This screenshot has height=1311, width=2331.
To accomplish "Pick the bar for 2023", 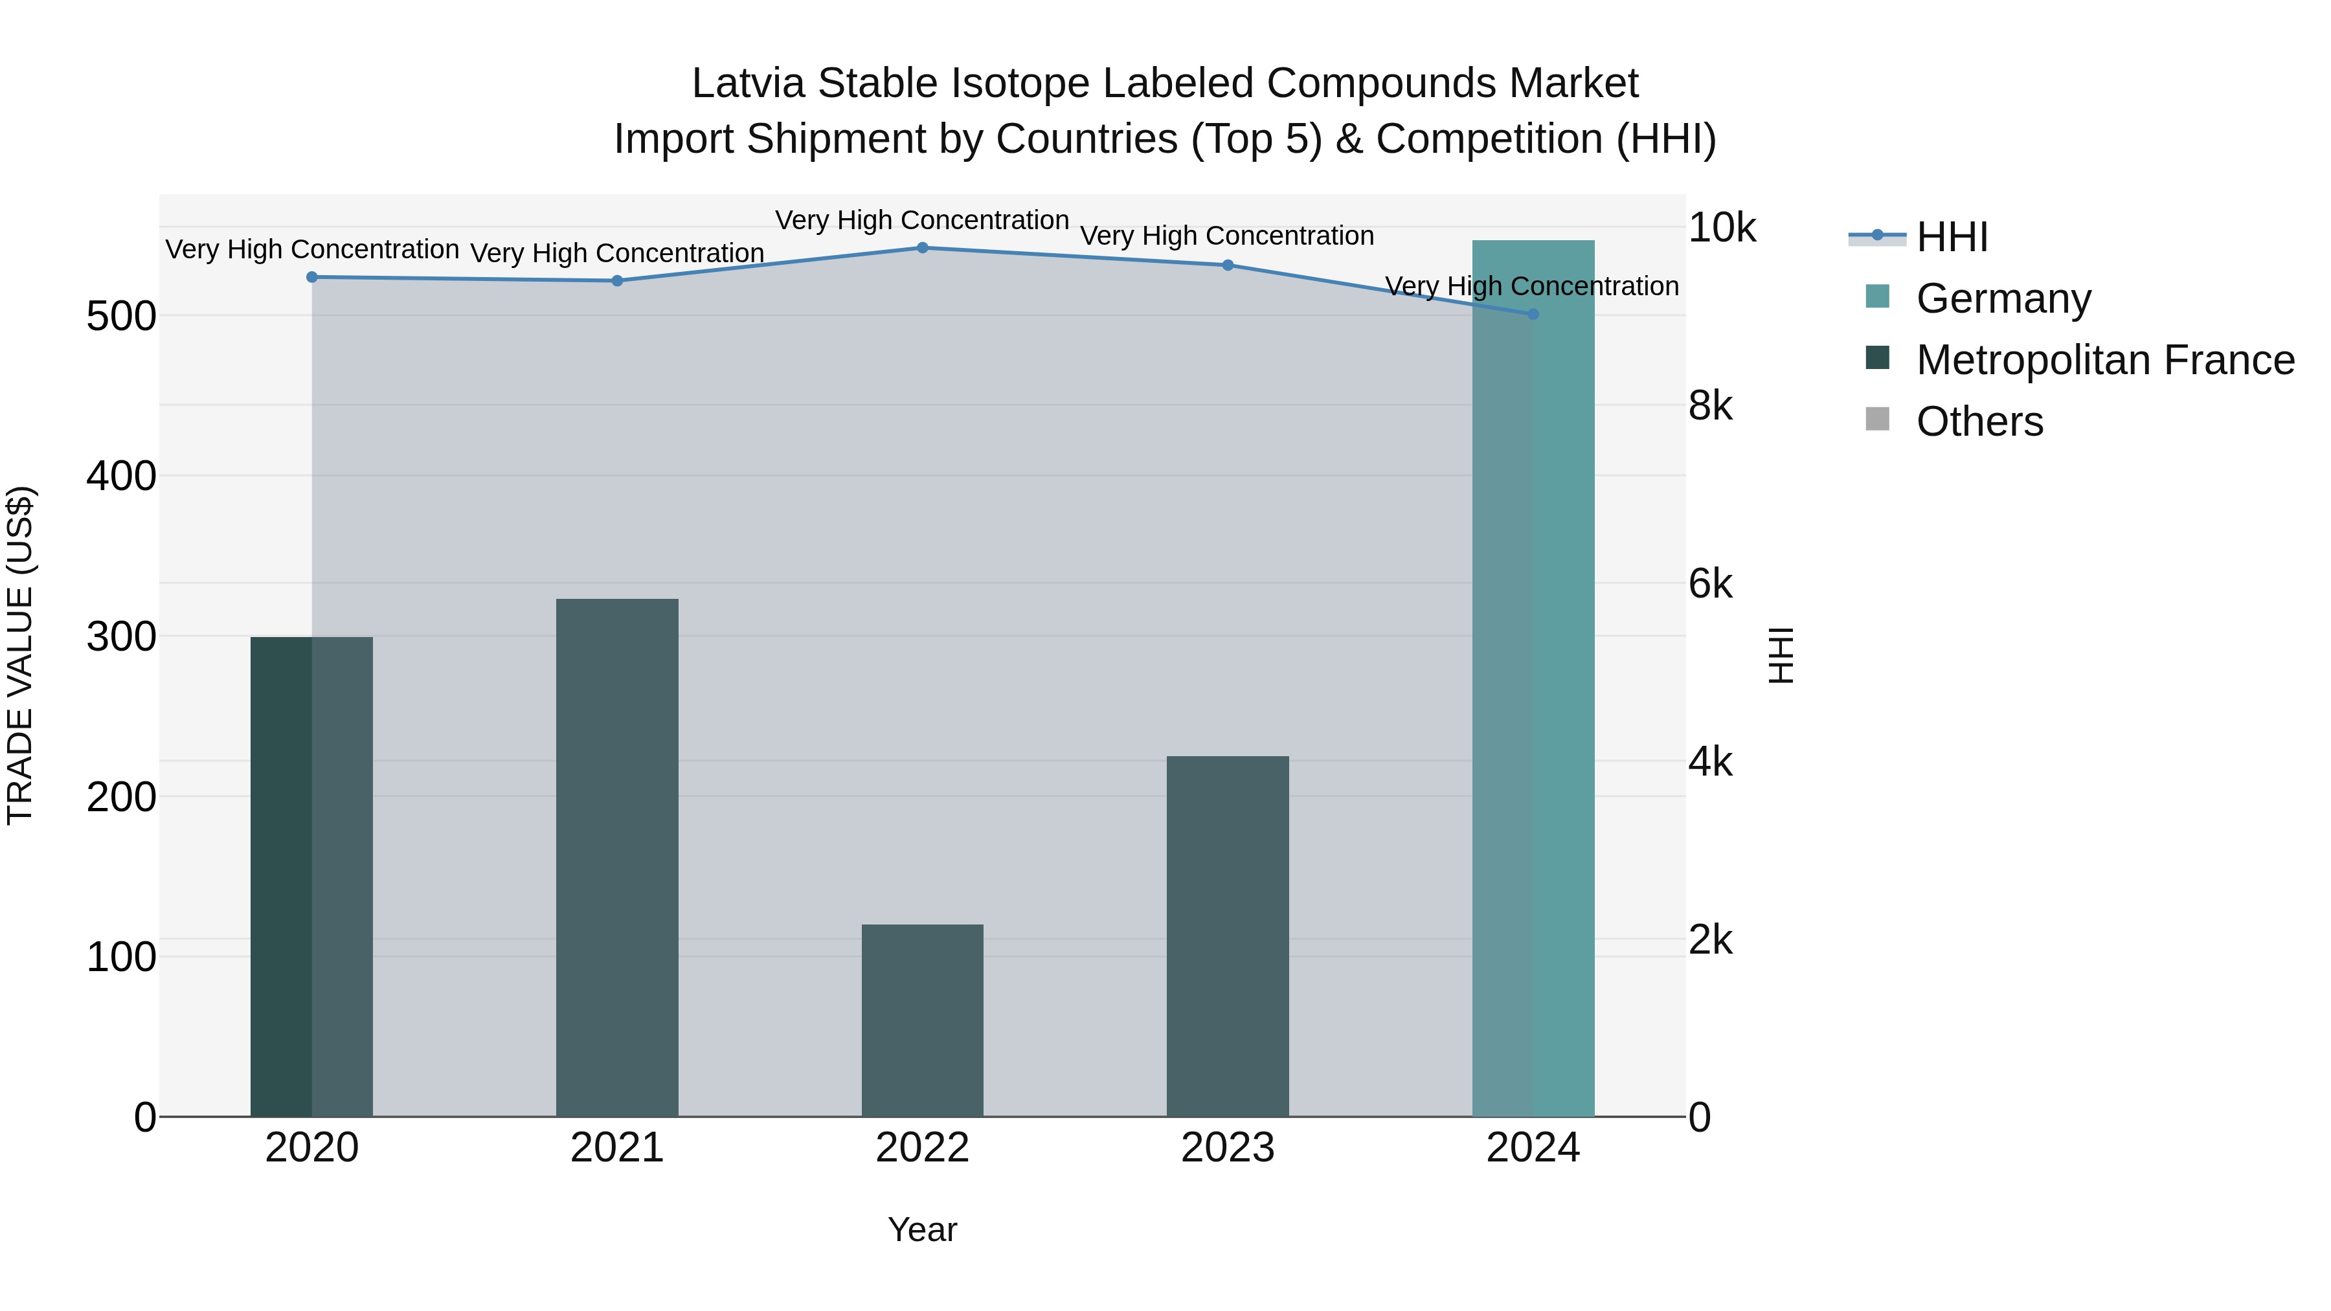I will (x=1227, y=936).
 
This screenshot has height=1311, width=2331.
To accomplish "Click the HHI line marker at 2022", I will (x=922, y=247).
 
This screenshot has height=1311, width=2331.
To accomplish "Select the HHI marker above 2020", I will (x=312, y=277).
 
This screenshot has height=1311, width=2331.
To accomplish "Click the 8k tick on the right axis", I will (x=1710, y=406).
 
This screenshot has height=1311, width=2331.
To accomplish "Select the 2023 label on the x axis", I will (x=1227, y=1148).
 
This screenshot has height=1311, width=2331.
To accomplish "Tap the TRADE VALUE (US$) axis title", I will (x=20, y=655).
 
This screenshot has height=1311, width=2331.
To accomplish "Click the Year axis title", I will (x=922, y=1229).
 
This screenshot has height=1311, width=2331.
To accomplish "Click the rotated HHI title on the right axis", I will (x=1780, y=655).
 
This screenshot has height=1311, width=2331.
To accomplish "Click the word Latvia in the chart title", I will (x=749, y=84).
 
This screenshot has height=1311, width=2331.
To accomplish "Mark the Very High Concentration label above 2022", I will (x=922, y=220).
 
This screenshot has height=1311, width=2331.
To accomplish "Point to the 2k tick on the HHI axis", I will (x=1710, y=940).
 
